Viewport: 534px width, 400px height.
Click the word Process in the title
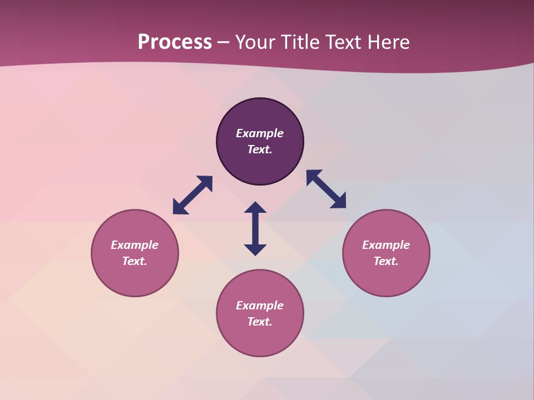[175, 42]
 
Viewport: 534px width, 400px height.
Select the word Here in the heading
[388, 42]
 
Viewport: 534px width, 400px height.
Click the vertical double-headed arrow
[255, 228]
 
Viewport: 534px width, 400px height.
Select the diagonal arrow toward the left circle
[192, 195]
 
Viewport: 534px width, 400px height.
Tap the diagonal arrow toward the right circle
[326, 189]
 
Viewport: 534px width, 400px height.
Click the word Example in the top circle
[260, 133]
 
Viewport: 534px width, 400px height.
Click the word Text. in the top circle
[260, 149]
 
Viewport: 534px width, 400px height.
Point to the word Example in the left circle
[135, 245]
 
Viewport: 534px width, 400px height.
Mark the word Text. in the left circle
[135, 261]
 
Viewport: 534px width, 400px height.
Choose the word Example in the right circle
[386, 245]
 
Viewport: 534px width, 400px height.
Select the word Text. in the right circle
[386, 261]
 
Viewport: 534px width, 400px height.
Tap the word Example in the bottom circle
[260, 306]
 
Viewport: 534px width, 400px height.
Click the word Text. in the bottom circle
[260, 322]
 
